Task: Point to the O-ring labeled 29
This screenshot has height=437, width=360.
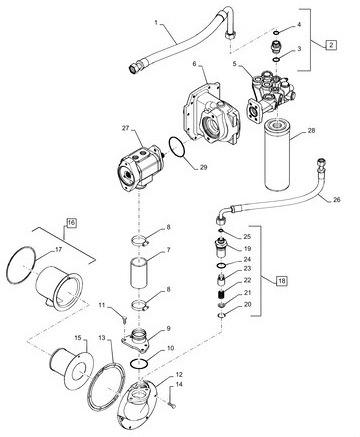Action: click(x=176, y=147)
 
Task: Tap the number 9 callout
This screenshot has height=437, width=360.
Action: click(x=168, y=328)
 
